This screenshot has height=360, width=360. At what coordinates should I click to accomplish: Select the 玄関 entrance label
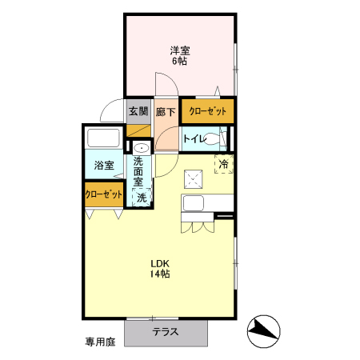pyautogui.click(x=138, y=112)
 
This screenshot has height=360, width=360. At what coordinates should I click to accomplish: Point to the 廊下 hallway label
pyautogui.click(x=166, y=112)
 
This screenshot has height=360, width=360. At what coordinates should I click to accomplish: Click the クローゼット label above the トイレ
pyautogui.click(x=207, y=111)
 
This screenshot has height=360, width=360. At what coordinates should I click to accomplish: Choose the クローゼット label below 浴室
pyautogui.click(x=103, y=194)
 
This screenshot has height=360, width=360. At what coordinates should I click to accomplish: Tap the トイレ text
pyautogui.click(x=194, y=139)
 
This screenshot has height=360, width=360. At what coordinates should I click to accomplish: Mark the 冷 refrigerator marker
pyautogui.click(x=224, y=163)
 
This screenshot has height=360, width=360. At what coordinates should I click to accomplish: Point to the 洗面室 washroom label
pyautogui.click(x=139, y=171)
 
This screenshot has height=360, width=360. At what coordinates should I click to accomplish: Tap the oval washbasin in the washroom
pyautogui.click(x=142, y=149)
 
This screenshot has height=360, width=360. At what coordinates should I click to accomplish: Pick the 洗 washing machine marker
pyautogui.click(x=141, y=197)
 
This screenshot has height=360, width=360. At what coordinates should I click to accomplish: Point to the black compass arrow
pyautogui.click(x=266, y=329)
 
